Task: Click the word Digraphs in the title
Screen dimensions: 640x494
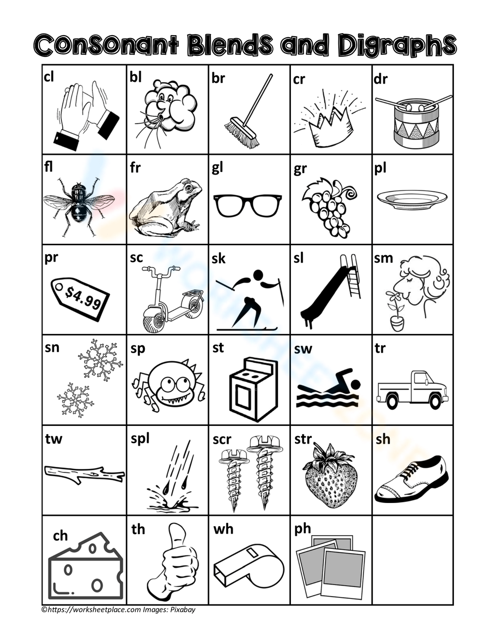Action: tap(397, 46)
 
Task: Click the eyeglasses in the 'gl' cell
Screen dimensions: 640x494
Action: tap(248, 205)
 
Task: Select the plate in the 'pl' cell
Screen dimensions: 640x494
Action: tap(412, 199)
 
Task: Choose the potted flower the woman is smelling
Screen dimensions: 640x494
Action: tap(395, 312)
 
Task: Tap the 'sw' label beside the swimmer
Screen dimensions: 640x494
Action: tap(303, 349)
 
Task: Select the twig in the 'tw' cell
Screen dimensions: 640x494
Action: tap(84, 474)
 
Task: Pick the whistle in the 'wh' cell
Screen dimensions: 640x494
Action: tap(248, 565)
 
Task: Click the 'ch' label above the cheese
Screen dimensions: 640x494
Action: tap(60, 536)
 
